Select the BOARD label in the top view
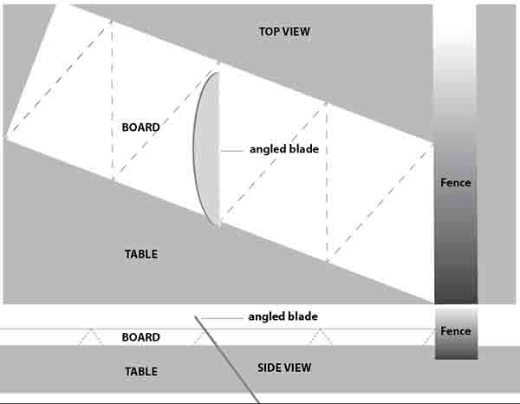pos(141,127)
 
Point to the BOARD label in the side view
pos(141,337)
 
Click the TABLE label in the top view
pos(141,254)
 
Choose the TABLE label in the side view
pos(141,371)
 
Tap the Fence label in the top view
pos(456,182)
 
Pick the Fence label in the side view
pos(456,330)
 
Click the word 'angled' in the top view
pos(267,150)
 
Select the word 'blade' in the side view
pos(302,316)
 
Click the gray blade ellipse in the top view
pos(206,150)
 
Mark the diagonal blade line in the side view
pos(227,360)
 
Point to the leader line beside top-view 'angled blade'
pos(232,151)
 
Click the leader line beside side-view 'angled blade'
pos(222,318)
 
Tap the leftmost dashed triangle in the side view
pos(90,337)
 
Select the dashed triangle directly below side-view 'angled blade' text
pos(319,337)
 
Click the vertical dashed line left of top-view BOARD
pos(112,101)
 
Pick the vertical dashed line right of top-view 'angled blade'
pos(327,182)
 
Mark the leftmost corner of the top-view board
pos(6,137)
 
